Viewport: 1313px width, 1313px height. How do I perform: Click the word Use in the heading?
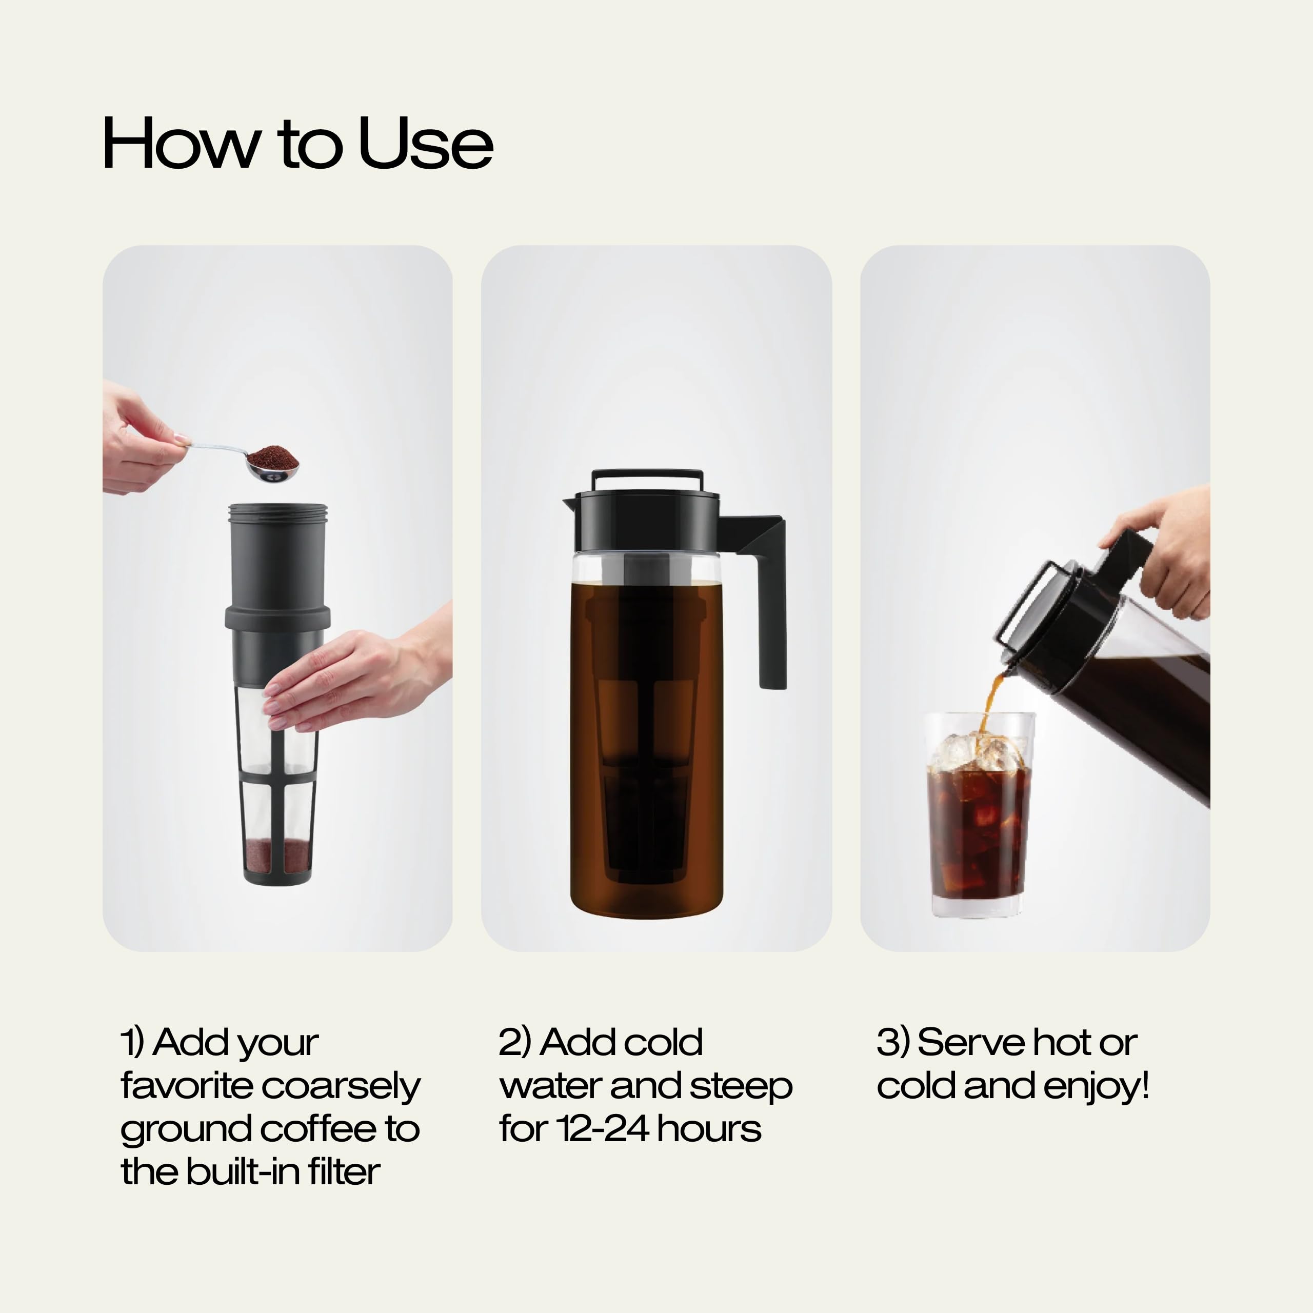tap(425, 144)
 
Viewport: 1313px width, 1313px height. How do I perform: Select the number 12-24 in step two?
tap(602, 1129)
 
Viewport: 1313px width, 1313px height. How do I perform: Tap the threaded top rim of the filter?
tap(277, 513)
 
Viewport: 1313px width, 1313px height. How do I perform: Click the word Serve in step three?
tap(961, 1043)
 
